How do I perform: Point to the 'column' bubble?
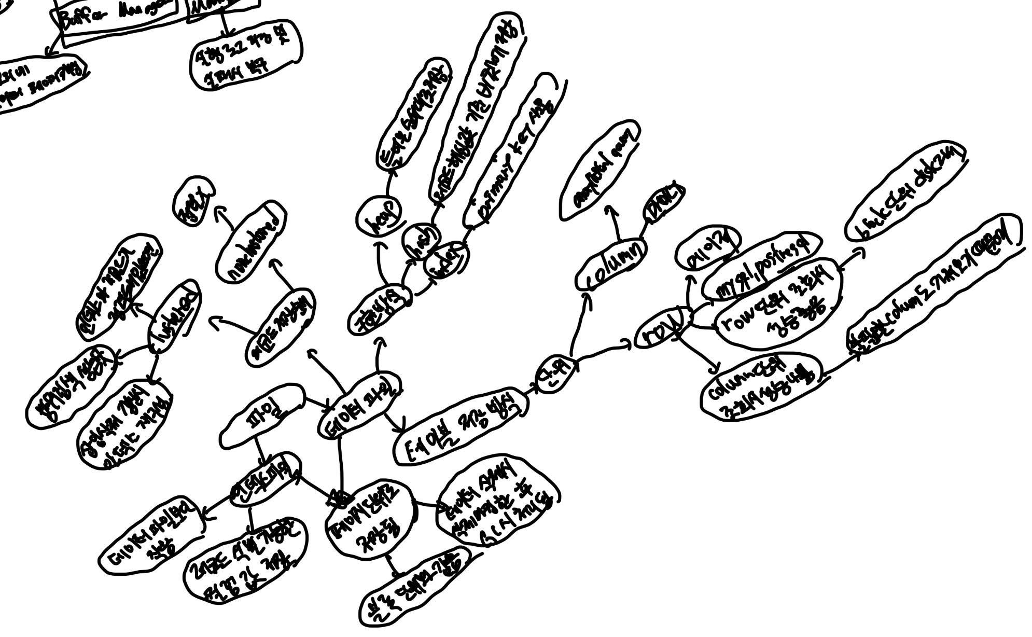click(611, 265)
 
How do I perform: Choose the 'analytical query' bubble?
click(600, 170)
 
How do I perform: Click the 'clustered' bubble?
click(174, 318)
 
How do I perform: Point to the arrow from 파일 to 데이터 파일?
click(316, 402)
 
